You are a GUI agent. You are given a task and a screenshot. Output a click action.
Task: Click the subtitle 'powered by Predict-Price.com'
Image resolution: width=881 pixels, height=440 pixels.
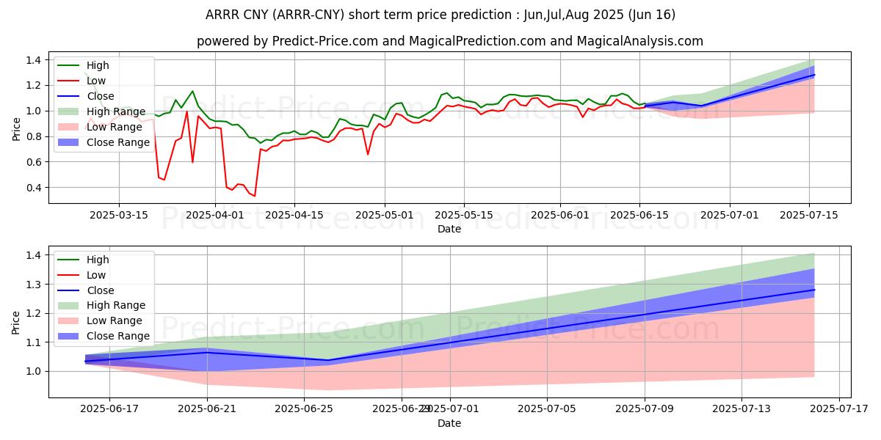pos(449,41)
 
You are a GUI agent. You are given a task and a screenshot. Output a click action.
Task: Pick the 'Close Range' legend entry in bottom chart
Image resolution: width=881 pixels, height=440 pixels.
pos(118,336)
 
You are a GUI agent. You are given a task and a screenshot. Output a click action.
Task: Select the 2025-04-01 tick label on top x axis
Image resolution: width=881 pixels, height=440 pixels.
pos(215,215)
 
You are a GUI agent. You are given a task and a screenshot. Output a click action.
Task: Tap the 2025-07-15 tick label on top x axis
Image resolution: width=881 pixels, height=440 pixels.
pos(809,215)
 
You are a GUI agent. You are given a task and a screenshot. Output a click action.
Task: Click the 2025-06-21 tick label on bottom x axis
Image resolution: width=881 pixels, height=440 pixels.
pos(207,408)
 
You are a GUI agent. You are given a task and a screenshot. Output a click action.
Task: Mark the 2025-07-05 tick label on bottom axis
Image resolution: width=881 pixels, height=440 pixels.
pos(547,408)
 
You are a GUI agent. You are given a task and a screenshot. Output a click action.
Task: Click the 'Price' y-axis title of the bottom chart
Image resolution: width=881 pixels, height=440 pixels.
pos(16,321)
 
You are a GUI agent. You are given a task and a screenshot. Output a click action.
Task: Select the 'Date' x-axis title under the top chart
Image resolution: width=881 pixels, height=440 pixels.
pos(449,229)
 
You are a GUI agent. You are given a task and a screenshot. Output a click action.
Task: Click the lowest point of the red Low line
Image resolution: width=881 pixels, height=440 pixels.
pos(255,196)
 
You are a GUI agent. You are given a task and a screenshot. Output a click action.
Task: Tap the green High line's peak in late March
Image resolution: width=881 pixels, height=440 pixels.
pos(192,92)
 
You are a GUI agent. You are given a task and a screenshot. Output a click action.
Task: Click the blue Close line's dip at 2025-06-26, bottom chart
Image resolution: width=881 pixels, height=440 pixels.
pos(328,360)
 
